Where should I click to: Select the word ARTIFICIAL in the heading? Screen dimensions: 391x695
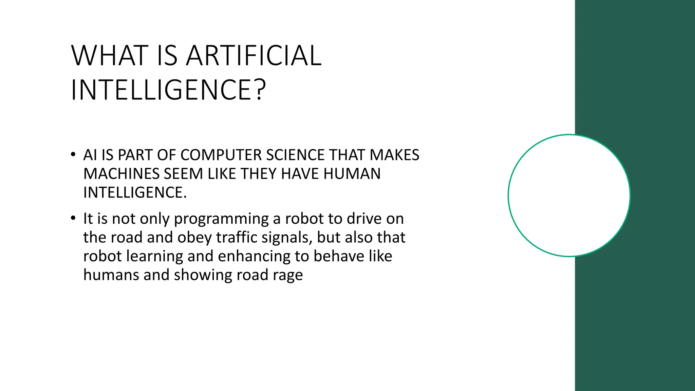click(x=254, y=56)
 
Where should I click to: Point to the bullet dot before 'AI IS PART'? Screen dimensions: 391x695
click(x=73, y=155)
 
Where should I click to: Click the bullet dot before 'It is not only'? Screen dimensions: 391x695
click(x=73, y=218)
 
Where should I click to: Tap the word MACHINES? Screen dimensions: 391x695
click(x=121, y=174)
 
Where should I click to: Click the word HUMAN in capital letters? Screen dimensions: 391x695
click(x=352, y=174)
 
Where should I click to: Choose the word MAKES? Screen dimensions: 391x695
click(x=394, y=155)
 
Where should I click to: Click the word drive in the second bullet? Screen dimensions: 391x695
click(x=365, y=219)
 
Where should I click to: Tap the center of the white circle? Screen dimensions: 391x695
click(x=569, y=195)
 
